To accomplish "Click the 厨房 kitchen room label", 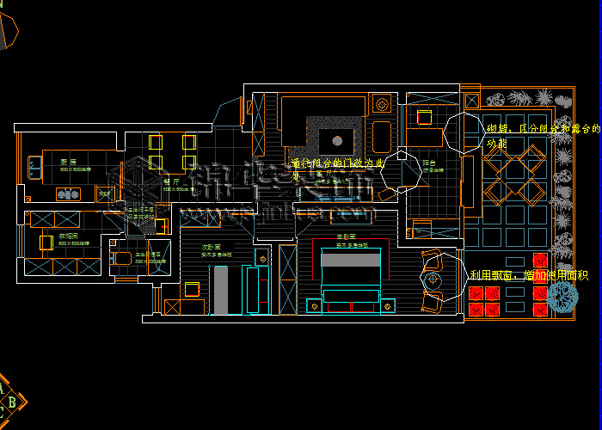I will (x=68, y=163).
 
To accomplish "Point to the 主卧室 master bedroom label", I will (x=347, y=237).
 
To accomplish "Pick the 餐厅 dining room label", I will (x=172, y=181).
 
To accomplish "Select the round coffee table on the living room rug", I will (x=337, y=139).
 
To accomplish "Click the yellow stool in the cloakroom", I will (x=46, y=243).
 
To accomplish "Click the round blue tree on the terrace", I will (x=563, y=297).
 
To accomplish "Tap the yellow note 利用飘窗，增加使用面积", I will (x=529, y=275).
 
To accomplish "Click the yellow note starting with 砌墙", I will (x=542, y=135).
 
